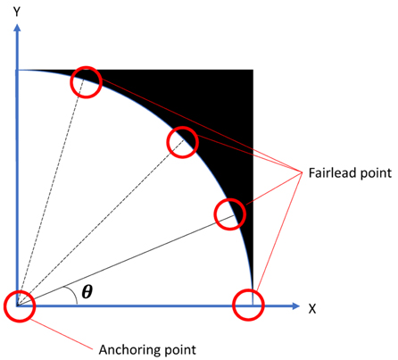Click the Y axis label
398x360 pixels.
[17, 12]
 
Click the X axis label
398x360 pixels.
[312, 309]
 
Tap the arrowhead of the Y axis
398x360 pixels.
[17, 28]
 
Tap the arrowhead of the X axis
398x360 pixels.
[295, 306]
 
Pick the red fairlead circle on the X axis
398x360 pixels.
[248, 289]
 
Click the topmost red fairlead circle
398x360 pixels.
[87, 67]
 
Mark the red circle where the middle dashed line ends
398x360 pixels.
[182, 127]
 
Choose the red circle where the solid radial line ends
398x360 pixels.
[230, 199]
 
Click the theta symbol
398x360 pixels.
[87, 291]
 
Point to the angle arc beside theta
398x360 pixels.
[73, 295]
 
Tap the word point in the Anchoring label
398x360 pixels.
[180, 350]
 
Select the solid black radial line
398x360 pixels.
[125, 261]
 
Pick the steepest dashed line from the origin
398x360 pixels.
[51, 194]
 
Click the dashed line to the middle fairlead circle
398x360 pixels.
[100, 222]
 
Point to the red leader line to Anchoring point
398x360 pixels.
[62, 334]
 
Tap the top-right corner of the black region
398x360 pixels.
[253, 71]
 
